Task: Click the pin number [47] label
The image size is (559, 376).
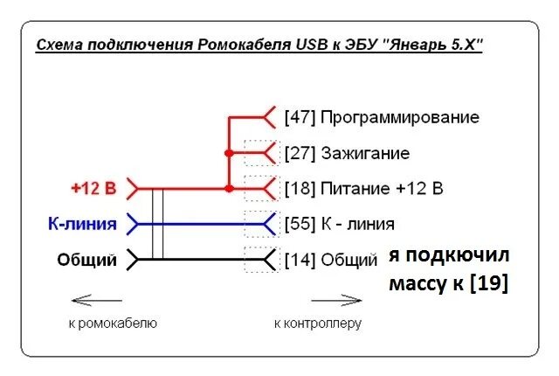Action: [x=301, y=117]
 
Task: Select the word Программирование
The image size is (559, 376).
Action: [x=400, y=117]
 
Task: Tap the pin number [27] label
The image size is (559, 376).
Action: [x=301, y=153]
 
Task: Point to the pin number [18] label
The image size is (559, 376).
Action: [x=301, y=188]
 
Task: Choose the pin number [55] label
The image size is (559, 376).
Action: [x=301, y=224]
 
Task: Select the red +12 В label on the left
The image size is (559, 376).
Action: [x=93, y=188]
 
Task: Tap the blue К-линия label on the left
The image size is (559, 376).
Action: [x=82, y=224]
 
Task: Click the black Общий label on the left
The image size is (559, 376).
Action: [x=87, y=260]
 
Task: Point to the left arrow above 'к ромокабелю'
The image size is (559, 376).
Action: [x=96, y=301]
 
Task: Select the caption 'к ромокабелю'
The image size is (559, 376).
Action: [x=112, y=324]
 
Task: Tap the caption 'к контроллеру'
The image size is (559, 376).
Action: [x=317, y=324]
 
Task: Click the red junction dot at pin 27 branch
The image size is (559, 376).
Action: [x=229, y=153]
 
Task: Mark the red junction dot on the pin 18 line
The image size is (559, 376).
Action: [x=229, y=188]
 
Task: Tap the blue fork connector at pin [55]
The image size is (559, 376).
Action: [x=269, y=224]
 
